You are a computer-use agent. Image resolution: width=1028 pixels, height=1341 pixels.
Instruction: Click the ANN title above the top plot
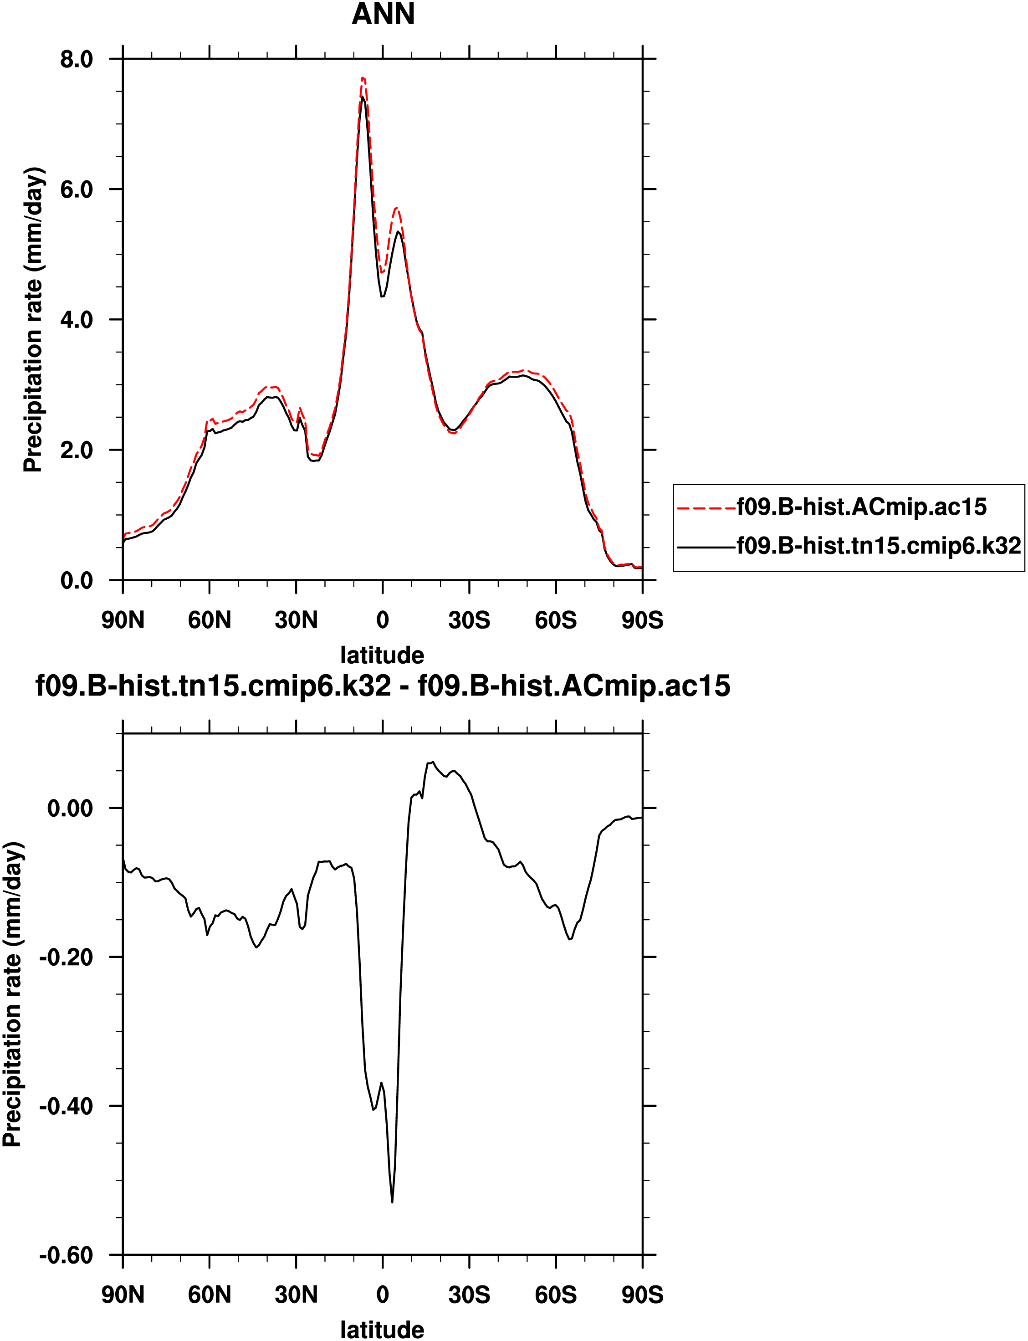383,15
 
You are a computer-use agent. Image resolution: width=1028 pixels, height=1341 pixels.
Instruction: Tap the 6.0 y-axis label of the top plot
77,189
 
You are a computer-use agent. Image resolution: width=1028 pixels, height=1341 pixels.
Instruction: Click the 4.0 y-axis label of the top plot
77,320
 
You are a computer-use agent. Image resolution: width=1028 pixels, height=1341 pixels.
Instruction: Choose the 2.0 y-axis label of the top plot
77,450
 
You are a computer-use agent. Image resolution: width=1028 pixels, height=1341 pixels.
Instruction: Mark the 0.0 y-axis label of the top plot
77,581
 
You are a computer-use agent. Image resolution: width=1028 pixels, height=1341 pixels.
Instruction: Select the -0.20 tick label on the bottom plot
66,957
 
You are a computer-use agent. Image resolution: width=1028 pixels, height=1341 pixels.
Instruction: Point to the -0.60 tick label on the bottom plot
66,1255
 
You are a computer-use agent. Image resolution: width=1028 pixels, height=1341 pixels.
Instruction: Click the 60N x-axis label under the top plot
209,620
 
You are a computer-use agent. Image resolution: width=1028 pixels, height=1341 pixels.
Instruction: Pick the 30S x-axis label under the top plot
469,620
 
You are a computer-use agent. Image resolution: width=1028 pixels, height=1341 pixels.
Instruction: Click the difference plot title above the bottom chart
383,686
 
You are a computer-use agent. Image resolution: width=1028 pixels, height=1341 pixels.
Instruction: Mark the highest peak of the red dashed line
363,78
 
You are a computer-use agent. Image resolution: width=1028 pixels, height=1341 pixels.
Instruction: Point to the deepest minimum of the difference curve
392,1202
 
